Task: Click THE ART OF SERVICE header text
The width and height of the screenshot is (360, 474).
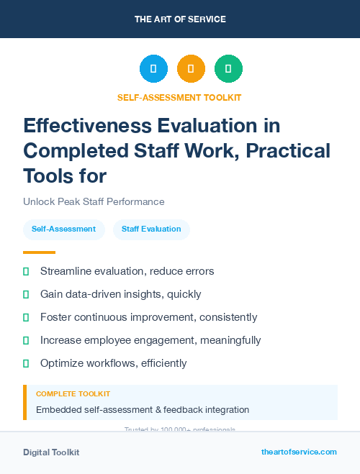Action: pos(180,19)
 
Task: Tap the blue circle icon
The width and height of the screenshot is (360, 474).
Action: pos(153,69)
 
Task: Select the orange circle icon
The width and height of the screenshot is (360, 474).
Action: pos(191,69)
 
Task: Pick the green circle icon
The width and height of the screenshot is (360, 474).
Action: pos(228,69)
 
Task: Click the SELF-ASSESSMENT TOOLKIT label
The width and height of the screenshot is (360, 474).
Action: pos(180,97)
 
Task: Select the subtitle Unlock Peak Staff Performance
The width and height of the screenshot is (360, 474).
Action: pos(94,201)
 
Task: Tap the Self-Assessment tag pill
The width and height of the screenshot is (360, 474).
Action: pos(63,229)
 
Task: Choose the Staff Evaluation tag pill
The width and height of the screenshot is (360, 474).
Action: pos(151,229)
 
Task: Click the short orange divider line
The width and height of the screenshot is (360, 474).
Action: pos(39,252)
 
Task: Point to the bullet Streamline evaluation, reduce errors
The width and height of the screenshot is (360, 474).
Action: pos(127,271)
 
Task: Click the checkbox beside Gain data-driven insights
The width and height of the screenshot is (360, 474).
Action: pos(26,294)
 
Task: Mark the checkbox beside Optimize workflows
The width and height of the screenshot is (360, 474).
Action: pos(26,363)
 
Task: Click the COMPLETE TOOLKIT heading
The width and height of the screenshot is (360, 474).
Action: pos(73,394)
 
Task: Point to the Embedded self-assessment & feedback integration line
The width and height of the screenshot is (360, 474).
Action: pos(143,410)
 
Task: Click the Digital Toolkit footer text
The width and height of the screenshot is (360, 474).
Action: pos(51,452)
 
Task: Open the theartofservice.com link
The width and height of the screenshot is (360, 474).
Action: pos(299,452)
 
